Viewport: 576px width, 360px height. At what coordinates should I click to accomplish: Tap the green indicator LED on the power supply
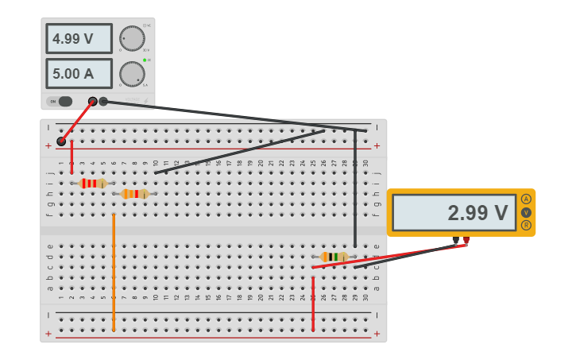(145, 60)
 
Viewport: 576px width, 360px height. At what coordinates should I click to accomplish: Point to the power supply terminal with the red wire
(93, 101)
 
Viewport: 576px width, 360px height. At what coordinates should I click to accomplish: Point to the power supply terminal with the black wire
(103, 101)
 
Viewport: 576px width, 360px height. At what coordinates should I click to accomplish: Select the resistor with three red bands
(93, 184)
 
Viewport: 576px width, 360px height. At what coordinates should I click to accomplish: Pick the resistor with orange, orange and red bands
(135, 194)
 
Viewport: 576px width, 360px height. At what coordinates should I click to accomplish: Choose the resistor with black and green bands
(334, 257)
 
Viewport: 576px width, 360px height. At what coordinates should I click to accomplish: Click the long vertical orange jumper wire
(114, 270)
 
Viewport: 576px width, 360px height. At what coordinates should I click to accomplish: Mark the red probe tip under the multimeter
(466, 240)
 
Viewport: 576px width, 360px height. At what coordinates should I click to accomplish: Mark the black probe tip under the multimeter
(455, 240)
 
